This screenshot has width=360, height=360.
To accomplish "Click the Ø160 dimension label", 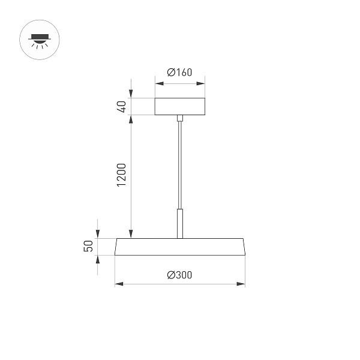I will pos(179,73).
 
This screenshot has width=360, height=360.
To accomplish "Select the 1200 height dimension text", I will pos(121,174).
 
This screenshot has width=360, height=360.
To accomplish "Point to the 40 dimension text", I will pos(121,107).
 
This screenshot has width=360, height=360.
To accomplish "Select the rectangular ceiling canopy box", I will pos(179,106).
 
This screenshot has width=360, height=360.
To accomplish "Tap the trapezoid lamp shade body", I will pos(179,247).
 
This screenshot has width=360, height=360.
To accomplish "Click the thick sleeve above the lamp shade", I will pos(179,223).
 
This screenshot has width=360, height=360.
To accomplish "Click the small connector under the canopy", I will pos(179,118).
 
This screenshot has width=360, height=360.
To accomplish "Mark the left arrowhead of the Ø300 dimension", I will pos(118,283).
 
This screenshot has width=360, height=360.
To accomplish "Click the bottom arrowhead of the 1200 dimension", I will pos(131,234).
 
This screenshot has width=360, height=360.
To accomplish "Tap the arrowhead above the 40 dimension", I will pos(131,94).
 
